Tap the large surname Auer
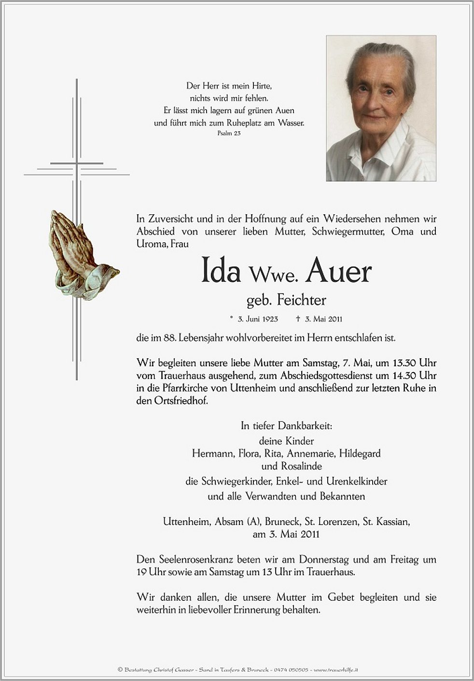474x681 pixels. pyautogui.click(x=338, y=272)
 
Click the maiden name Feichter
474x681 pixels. pyautogui.click(x=301, y=301)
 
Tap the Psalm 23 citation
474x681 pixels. pyautogui.click(x=229, y=133)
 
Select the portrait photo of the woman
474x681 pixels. pyautogui.click(x=381, y=109)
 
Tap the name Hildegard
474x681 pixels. pyautogui.click(x=360, y=454)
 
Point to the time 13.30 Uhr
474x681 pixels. pyautogui.click(x=411, y=362)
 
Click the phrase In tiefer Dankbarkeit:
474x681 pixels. pyautogui.click(x=286, y=426)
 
